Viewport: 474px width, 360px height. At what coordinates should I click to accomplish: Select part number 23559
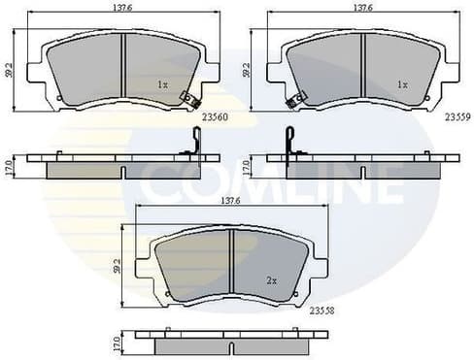457,115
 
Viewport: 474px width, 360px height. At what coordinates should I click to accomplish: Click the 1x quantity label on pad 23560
162,84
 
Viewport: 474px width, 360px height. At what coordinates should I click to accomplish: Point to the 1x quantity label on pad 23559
402,84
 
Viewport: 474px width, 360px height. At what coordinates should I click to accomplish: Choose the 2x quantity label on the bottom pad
272,280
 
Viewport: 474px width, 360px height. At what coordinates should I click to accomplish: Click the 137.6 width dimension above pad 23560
123,9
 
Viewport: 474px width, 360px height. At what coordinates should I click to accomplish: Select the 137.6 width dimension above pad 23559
362,9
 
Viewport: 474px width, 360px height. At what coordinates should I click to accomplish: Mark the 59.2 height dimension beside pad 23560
10,70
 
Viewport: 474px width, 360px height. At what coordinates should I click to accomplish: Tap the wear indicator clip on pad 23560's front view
191,100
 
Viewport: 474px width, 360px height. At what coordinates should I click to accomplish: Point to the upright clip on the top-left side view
194,143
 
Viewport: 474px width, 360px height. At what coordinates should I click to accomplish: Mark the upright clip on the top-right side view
288,143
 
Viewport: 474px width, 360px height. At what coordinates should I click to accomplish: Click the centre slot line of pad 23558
230,265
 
